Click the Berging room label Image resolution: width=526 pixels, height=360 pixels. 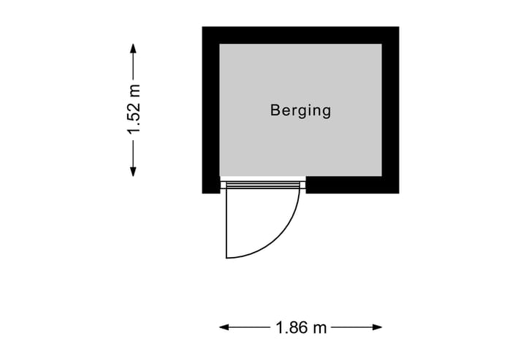[300, 111]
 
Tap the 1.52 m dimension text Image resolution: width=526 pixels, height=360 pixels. [134, 110]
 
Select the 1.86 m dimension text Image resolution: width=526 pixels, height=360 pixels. [301, 328]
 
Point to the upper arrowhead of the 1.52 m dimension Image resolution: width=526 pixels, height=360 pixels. [133, 48]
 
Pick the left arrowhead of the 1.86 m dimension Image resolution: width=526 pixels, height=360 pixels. [224, 328]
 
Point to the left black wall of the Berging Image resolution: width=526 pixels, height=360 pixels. [211, 110]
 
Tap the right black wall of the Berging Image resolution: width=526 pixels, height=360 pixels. [390, 110]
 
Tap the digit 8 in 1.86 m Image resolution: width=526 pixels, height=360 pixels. [291, 328]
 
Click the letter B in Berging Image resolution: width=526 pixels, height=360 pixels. [275, 111]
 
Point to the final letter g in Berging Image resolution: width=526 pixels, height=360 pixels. [326, 112]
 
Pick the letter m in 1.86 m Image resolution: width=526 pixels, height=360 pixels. [319, 329]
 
